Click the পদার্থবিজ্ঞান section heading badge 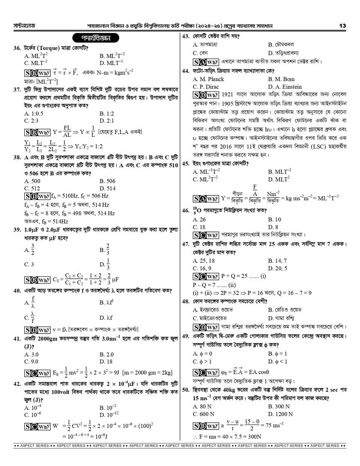[x=95, y=38]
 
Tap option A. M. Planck [x=208, y=79]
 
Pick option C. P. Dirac [x=207, y=86]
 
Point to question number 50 [x=186, y=398]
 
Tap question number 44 [x=185, y=71]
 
